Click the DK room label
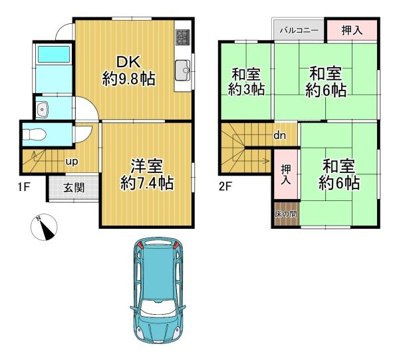pyautogui.click(x=129, y=71)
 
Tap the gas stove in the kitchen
pyautogui.click(x=182, y=37)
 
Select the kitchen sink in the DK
pyautogui.click(x=182, y=70)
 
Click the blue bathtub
pyautogui.click(x=54, y=54)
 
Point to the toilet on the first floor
pyautogui.click(x=34, y=134)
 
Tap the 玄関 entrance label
pyautogui.click(x=74, y=188)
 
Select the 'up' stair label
pyautogui.click(x=72, y=162)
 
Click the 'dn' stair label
pyautogui.click(x=280, y=135)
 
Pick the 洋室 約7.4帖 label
pyautogui.click(x=147, y=174)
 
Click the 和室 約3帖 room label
pyautogui.click(x=246, y=82)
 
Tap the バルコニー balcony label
pyautogui.click(x=299, y=31)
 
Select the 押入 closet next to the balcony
pyautogui.click(x=352, y=31)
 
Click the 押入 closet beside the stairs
pyautogui.click(x=286, y=174)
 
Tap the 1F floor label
pyautogui.click(x=24, y=188)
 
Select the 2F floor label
pyautogui.click(x=225, y=187)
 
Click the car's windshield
pyautogui.click(x=158, y=309)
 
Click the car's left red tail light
pyautogui.click(x=140, y=246)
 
